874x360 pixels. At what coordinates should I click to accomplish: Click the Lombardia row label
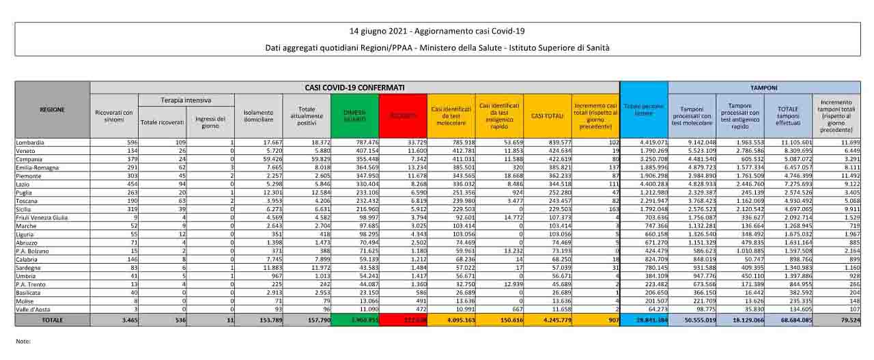30,142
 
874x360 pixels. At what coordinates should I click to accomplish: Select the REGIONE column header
52,109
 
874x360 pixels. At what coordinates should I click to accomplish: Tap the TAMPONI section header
763,88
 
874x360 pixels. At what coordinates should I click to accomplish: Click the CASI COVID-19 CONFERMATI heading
354,88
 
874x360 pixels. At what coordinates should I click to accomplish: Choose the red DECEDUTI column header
404,116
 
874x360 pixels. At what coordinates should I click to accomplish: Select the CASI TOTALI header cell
548,115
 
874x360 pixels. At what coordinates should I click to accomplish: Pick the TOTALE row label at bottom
52,319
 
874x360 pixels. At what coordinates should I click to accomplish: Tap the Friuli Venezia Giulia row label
42,217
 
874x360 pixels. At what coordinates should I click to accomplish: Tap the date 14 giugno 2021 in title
377,31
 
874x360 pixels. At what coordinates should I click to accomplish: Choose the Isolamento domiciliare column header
257,116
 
